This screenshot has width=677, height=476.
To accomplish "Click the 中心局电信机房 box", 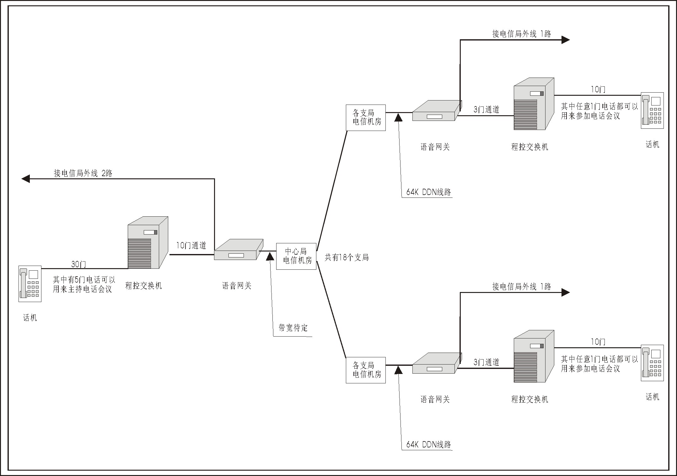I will tap(296, 256).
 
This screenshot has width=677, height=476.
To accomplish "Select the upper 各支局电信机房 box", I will tap(366, 118).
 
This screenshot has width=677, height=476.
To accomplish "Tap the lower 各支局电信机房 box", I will tap(366, 370).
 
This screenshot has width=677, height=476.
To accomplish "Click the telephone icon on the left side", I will tap(30, 284).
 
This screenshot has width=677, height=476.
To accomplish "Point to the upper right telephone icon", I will tap(652, 110).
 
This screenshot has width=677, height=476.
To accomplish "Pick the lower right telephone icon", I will tap(652, 363).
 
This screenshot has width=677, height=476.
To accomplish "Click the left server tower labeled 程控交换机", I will tap(147, 242).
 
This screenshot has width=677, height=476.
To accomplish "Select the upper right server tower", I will tap(533, 104).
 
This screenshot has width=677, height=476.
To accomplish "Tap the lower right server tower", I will tap(533, 356).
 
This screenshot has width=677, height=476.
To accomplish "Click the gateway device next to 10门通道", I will tap(238, 250).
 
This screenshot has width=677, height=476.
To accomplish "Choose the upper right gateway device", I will tap(437, 111).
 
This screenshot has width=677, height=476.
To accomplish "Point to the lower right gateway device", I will tap(437, 363).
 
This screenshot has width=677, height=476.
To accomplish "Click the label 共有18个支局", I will tap(347, 258).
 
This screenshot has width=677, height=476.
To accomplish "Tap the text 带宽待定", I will tap(293, 328).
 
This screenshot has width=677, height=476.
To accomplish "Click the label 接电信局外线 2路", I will tap(83, 173).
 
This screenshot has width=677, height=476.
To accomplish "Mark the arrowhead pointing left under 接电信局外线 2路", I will tap(25, 179).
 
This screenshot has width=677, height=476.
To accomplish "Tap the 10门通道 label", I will tap(191, 246).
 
